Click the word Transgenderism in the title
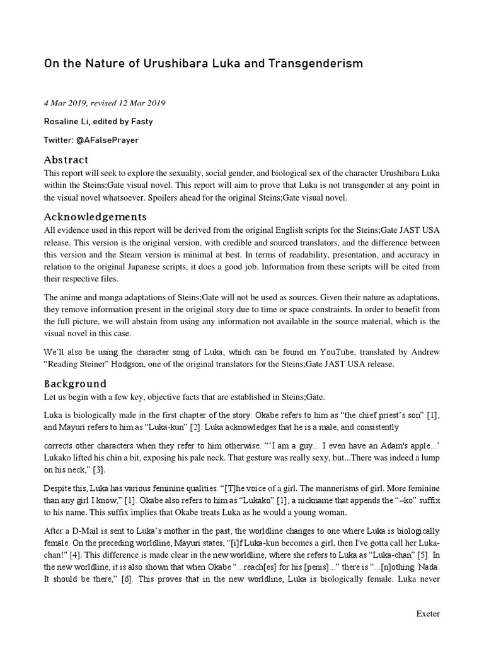309,64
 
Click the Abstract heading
66,160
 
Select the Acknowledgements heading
95,216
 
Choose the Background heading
75,383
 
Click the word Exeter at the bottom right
428,614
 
